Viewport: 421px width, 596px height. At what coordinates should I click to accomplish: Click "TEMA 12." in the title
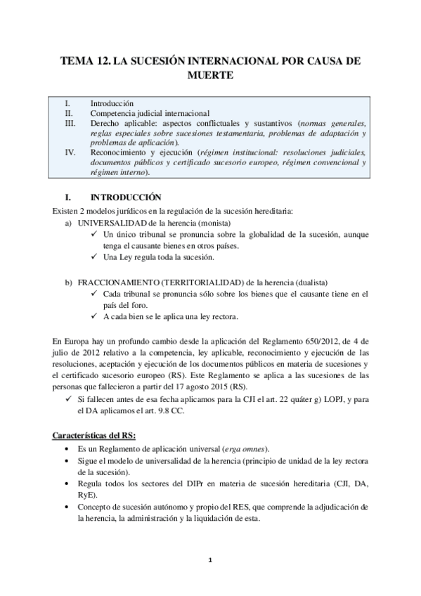point(84,61)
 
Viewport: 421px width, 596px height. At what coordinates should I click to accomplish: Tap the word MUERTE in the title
point(210,74)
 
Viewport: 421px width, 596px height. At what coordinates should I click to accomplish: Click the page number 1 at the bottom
point(210,560)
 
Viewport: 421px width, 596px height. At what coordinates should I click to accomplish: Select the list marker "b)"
point(68,282)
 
